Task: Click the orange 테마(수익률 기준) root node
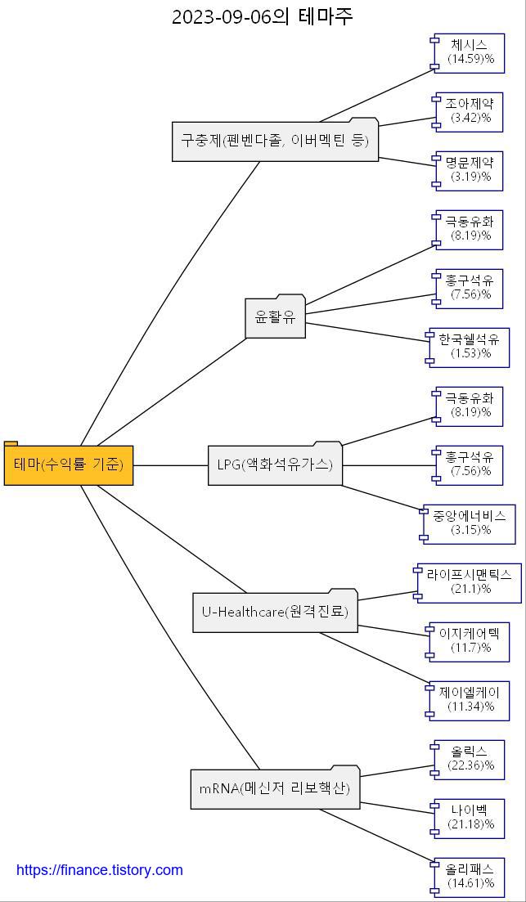pyautogui.click(x=69, y=464)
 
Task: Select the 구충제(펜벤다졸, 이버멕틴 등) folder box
pyautogui.click(x=276, y=140)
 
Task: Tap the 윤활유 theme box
pyautogui.click(x=276, y=317)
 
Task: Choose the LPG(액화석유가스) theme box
pyautogui.click(x=275, y=464)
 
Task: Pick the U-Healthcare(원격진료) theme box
pyautogui.click(x=276, y=611)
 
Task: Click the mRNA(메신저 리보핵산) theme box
pyautogui.click(x=275, y=788)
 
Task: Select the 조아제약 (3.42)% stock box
pyautogui.click(x=469, y=111)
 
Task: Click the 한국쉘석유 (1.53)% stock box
pyautogui.click(x=469, y=347)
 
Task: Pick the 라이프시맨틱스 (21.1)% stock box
pyautogui.click(x=469, y=582)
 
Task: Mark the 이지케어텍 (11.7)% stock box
pyautogui.click(x=469, y=641)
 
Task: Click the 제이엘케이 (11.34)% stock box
pyautogui.click(x=469, y=700)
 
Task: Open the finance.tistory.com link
pyautogui.click(x=100, y=870)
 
